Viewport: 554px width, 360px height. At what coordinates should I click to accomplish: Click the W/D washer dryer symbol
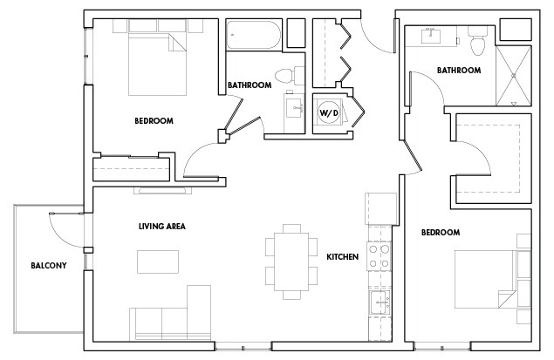pyautogui.click(x=328, y=112)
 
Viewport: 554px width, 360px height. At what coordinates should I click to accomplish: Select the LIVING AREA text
pyautogui.click(x=162, y=227)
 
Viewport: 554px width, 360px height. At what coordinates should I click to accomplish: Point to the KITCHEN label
pyautogui.click(x=343, y=257)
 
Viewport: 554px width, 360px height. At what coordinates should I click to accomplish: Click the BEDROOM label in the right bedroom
pyautogui.click(x=440, y=233)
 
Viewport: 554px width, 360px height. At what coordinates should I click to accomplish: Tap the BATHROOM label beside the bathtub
pyautogui.click(x=250, y=85)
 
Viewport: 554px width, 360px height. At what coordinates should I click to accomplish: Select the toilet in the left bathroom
pyautogui.click(x=284, y=73)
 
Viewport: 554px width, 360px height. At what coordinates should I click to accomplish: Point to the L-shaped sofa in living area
pyautogui.click(x=170, y=318)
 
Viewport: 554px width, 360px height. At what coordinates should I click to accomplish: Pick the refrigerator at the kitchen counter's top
pyautogui.click(x=380, y=208)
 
